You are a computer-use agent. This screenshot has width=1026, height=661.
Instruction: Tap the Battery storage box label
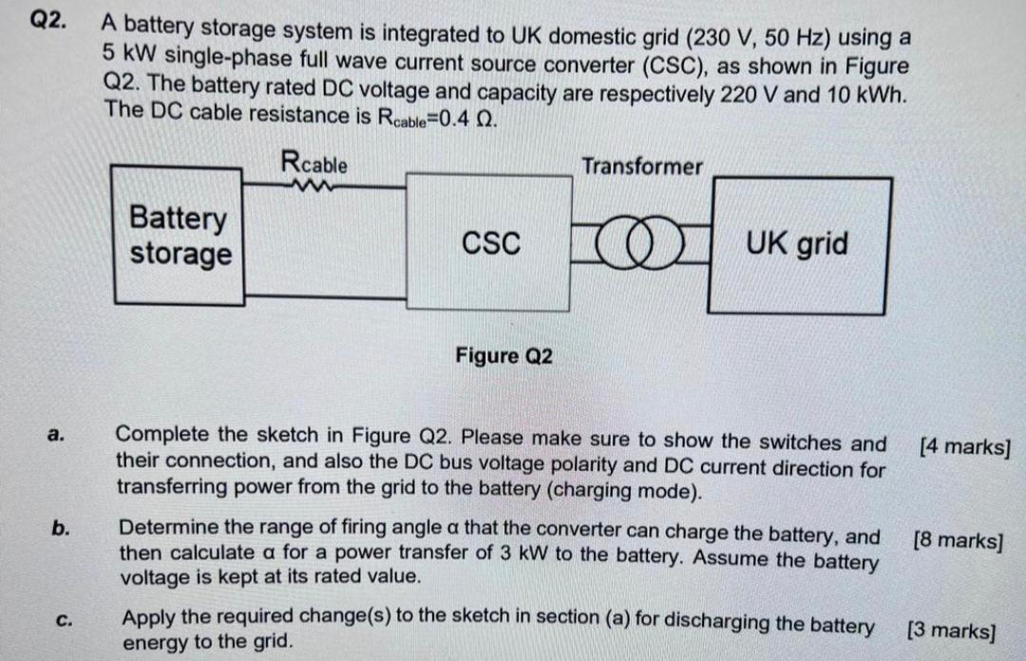tap(180, 236)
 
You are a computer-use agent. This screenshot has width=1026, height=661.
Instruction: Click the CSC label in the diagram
tap(491, 244)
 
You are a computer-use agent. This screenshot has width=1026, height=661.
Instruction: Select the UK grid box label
tap(797, 244)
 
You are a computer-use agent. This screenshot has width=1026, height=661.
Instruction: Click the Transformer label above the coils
tap(642, 166)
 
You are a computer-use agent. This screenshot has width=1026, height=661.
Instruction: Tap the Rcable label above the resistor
tap(314, 163)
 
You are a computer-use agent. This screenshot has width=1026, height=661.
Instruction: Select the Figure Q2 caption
tap(503, 356)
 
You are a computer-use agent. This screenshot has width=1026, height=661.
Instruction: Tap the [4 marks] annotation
tap(963, 445)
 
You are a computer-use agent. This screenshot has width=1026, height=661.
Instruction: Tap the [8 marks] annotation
tap(957, 541)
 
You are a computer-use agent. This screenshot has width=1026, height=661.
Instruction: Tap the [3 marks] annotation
tap(951, 630)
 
